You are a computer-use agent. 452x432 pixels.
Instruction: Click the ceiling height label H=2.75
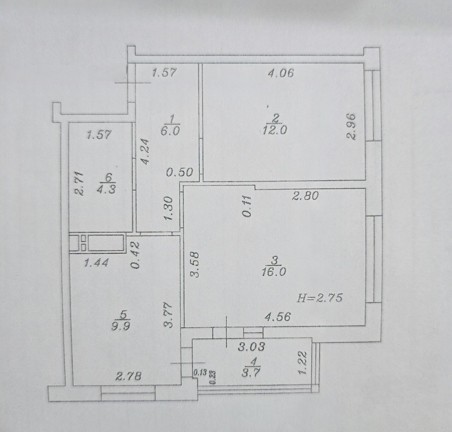[x=319, y=297]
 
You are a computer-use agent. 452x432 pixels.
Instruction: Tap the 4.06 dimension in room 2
[x=281, y=73]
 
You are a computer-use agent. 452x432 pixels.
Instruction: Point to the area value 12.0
[x=275, y=130]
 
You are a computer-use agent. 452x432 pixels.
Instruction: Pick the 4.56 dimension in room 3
[x=278, y=317]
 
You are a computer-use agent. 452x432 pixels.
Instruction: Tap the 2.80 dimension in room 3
[x=305, y=196]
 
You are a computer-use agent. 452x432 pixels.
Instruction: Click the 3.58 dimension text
[x=195, y=265]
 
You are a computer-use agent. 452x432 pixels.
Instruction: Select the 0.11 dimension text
[x=247, y=206]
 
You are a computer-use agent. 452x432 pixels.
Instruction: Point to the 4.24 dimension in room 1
[x=145, y=152]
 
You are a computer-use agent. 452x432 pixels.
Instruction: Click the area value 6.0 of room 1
[x=170, y=132]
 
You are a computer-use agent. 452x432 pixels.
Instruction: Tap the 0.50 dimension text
[x=180, y=172]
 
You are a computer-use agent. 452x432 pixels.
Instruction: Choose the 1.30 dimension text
[x=168, y=208]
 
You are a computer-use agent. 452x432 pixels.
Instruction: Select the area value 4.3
[x=106, y=189]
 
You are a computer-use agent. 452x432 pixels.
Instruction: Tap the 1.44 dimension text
[x=96, y=263]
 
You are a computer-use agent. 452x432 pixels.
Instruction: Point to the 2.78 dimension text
[x=129, y=376]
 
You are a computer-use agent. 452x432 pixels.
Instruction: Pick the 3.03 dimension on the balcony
[x=251, y=346]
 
